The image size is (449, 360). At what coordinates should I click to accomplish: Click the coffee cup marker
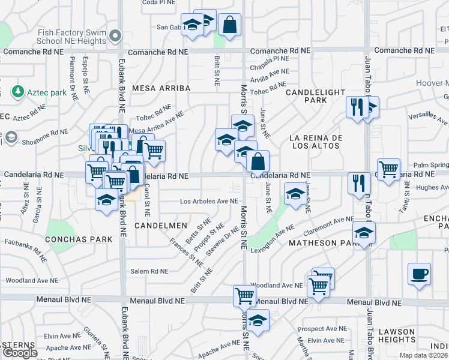pyautogui.click(x=419, y=274)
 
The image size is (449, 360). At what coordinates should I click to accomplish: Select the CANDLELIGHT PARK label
pyautogui.click(x=315, y=96)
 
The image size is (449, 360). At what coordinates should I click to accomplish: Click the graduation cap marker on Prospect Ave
pyautogui.click(x=258, y=320)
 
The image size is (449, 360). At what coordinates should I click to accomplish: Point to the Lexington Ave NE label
pyautogui.click(x=273, y=239)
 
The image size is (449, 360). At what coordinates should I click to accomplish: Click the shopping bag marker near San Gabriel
pyautogui.click(x=229, y=25)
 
